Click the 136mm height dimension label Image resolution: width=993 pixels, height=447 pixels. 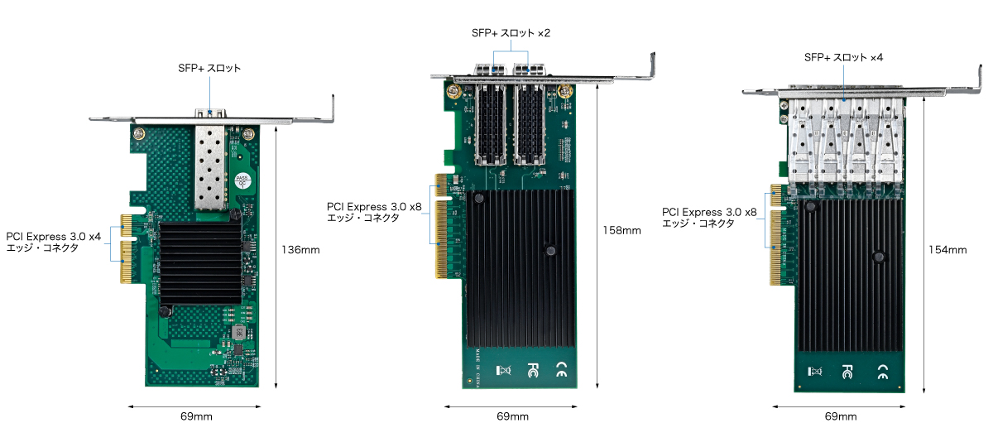[x=300, y=250]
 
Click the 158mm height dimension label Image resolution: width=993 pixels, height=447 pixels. [x=621, y=231]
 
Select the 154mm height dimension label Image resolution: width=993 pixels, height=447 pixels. [x=947, y=250]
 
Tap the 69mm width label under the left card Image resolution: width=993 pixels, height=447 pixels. [x=196, y=416]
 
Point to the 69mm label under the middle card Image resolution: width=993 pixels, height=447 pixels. [x=512, y=416]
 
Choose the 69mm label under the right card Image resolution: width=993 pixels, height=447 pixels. [x=841, y=416]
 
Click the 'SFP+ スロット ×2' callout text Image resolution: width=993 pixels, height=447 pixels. [x=511, y=33]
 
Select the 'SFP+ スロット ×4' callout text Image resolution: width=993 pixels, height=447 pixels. [x=843, y=57]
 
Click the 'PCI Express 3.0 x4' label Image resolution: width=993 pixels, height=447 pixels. [x=54, y=237]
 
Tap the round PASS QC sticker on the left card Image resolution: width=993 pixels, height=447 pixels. [x=242, y=181]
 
